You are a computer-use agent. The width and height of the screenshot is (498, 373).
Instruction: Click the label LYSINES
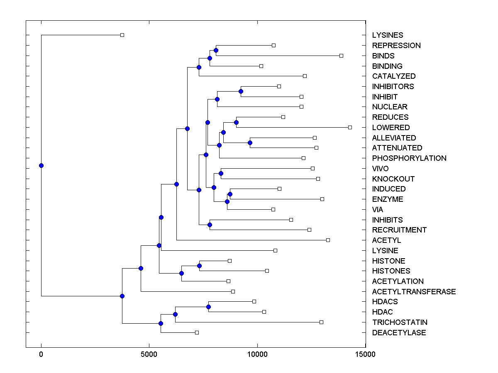click(x=387, y=35)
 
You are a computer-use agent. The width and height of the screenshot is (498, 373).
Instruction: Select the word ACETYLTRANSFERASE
click(x=414, y=292)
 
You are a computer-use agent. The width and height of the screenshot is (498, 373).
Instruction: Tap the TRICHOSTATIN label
click(x=400, y=322)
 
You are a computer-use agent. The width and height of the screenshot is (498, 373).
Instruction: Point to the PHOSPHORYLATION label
click(x=409, y=158)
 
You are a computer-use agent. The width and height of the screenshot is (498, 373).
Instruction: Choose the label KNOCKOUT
click(x=393, y=179)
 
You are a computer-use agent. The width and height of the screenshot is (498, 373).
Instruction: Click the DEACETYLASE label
click(x=399, y=333)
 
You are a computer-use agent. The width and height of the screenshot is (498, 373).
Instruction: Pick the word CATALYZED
click(x=393, y=76)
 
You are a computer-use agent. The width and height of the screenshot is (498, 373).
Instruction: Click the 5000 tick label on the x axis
click(x=149, y=354)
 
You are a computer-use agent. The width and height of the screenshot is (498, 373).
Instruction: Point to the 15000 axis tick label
click(x=366, y=354)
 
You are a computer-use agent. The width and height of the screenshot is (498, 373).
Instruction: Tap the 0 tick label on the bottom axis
click(x=41, y=354)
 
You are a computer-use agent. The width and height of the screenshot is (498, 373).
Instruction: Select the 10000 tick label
click(x=257, y=354)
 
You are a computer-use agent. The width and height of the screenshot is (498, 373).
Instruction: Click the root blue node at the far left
click(x=41, y=165)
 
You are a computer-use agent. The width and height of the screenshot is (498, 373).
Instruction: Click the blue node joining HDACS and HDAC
click(x=208, y=307)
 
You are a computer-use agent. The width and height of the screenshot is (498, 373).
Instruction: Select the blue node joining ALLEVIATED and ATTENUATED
click(x=250, y=143)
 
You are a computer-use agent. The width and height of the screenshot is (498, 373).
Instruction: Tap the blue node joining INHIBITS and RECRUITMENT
click(x=210, y=225)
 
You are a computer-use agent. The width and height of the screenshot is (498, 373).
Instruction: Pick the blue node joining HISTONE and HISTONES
click(x=199, y=266)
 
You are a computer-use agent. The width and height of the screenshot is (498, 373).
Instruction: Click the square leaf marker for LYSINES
click(x=122, y=35)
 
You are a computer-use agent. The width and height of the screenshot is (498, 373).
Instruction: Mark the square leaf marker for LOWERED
click(x=350, y=127)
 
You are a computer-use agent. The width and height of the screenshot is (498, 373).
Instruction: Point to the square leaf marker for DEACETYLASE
click(x=197, y=332)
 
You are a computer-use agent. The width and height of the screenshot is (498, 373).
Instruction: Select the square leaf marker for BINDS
click(x=341, y=56)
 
